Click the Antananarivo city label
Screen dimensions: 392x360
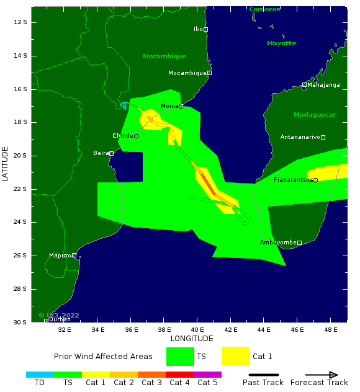pyautogui.click(x=300, y=136)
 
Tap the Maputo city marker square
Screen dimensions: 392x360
pyautogui.click(x=74, y=255)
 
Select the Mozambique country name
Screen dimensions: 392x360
pyautogui.click(x=164, y=56)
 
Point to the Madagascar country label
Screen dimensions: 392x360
pyautogui.click(x=314, y=115)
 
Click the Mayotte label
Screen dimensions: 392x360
pyautogui.click(x=281, y=43)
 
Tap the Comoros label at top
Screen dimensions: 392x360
pyautogui.click(x=264, y=9)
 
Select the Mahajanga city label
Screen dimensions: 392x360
pyautogui.click(x=323, y=85)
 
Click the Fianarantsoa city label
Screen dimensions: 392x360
pyautogui.click(x=293, y=180)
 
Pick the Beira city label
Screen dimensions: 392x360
pyautogui.click(x=101, y=153)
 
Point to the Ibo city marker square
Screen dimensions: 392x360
pyautogui.click(x=205, y=29)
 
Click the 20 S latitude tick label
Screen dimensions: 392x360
pyautogui.click(x=20, y=156)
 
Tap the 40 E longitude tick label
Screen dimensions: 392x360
pyautogui.click(x=197, y=330)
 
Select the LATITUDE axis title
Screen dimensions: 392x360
pyautogui.click(x=6, y=164)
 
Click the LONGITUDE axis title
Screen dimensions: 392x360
pyautogui.click(x=192, y=339)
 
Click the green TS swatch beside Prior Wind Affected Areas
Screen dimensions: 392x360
pyautogui.click(x=180, y=357)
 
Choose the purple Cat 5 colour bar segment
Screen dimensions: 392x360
pyautogui.click(x=207, y=375)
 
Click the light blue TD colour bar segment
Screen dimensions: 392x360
pyautogui.click(x=40, y=375)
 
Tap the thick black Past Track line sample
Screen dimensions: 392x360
pyautogui.click(x=264, y=375)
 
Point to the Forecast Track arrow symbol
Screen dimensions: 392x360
pyautogui.click(x=321, y=375)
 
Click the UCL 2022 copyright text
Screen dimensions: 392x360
pyautogui.click(x=59, y=316)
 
